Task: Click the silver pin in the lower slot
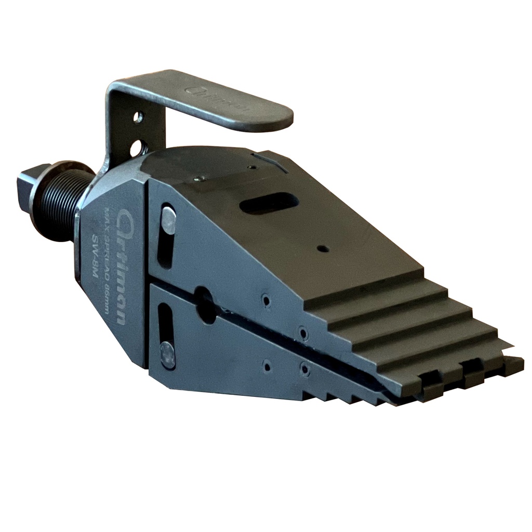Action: [168, 355]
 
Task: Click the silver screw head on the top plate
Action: [198, 179]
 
